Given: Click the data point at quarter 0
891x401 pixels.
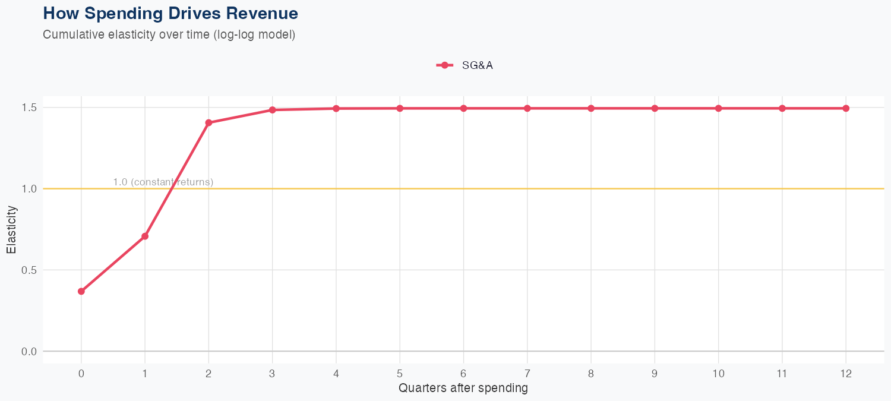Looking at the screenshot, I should [81, 291].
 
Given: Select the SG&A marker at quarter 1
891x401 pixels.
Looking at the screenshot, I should [145, 236].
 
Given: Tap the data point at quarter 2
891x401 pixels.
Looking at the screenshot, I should [208, 123].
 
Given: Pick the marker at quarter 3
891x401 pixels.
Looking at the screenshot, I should [273, 110].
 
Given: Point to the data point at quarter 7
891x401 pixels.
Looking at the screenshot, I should [527, 108].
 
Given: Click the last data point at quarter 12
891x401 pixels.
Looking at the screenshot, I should [846, 108].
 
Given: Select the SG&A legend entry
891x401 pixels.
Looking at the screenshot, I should [465, 65].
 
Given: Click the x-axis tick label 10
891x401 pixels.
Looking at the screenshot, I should [719, 374].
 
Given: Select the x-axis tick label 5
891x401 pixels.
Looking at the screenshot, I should [400, 374].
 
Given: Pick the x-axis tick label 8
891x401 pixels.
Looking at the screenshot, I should [591, 374].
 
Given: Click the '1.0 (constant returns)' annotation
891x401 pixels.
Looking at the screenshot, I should [163, 182].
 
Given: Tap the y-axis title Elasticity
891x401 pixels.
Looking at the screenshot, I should [11, 229].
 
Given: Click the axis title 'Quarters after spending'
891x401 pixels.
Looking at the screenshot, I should [463, 389].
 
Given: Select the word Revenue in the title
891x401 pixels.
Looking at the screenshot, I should [263, 13].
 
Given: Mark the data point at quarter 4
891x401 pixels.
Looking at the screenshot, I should [336, 109].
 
